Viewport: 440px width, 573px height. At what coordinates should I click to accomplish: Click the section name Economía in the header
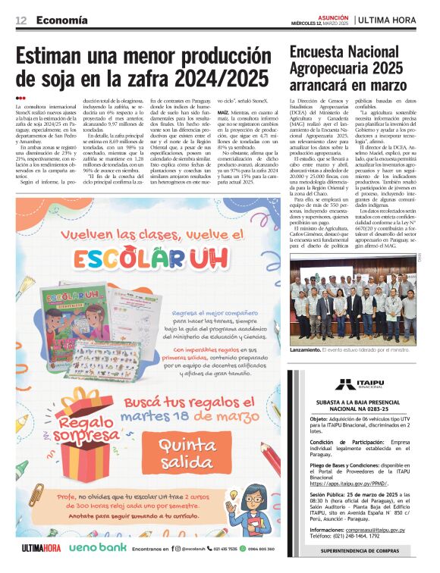[x=61, y=20]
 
